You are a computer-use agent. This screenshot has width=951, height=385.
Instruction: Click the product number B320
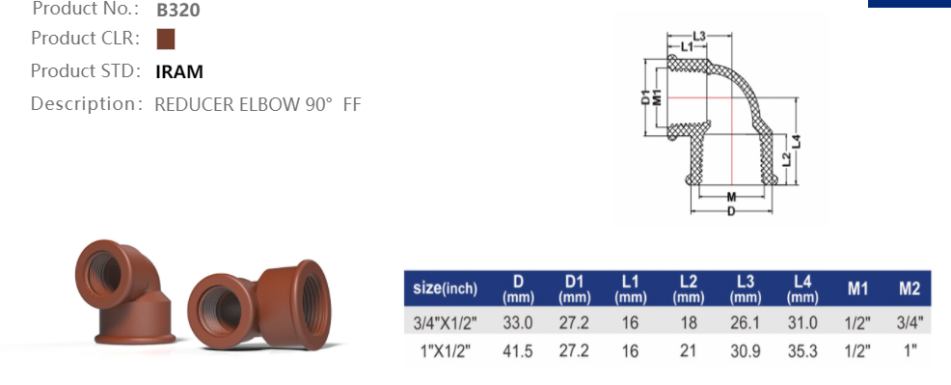tap(177, 10)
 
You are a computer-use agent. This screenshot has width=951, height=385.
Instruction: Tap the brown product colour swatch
tap(166, 39)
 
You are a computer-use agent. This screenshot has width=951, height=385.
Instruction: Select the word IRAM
tap(179, 71)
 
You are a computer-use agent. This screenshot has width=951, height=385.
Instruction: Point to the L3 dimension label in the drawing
tap(699, 37)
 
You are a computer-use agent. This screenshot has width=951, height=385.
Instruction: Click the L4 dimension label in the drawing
tap(797, 141)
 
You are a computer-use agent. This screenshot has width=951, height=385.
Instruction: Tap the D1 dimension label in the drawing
tap(646, 96)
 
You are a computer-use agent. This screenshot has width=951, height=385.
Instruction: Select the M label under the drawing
tap(731, 197)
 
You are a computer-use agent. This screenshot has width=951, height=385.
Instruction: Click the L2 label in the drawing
tap(786, 159)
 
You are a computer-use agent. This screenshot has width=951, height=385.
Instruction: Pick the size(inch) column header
tap(446, 288)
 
